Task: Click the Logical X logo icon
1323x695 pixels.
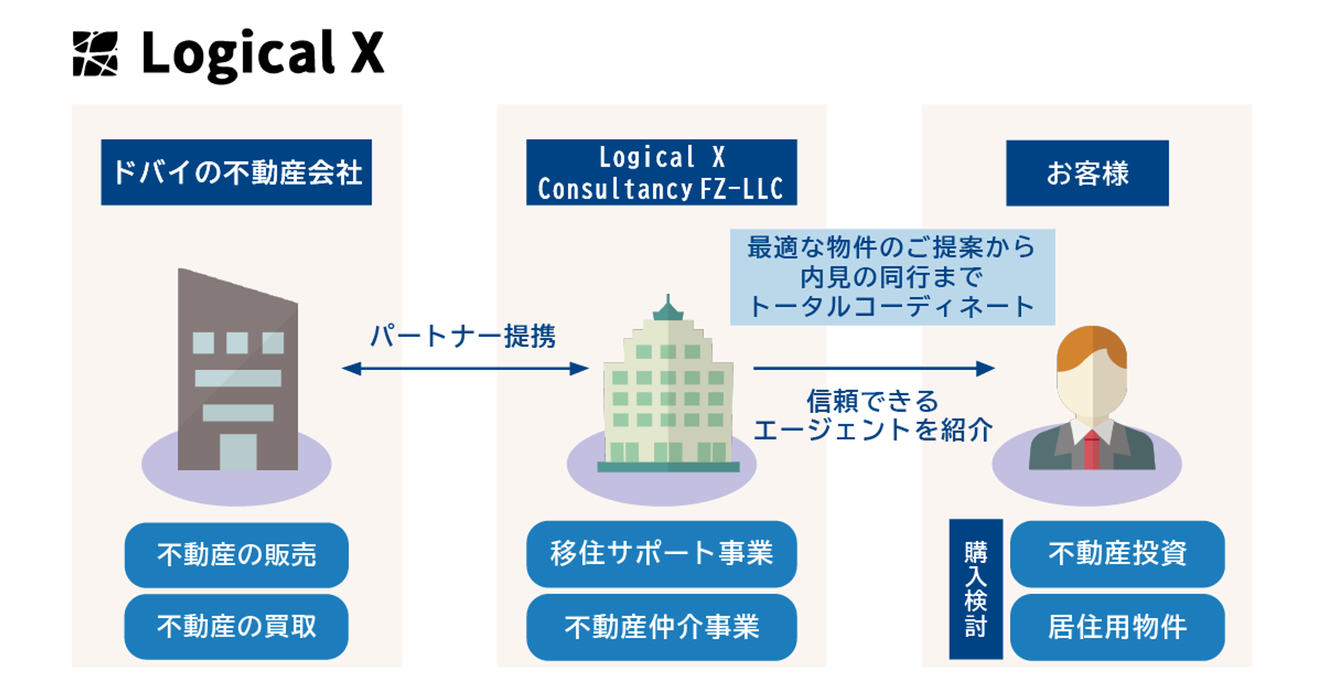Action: (95, 54)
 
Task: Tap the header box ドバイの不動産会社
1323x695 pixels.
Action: (236, 172)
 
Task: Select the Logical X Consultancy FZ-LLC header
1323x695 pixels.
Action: (661, 172)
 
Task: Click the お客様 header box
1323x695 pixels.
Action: (1087, 173)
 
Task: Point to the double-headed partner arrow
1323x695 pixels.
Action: (465, 369)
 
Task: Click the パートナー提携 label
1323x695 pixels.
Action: (462, 336)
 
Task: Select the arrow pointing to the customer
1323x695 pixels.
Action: (873, 368)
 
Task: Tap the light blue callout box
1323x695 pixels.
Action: (892, 277)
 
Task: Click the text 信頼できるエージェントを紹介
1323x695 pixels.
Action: (873, 416)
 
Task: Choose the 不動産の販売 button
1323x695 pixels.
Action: (236, 555)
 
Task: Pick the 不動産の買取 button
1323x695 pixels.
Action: (236, 626)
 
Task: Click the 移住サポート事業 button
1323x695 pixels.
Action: (661, 553)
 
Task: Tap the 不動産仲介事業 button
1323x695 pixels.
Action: (661, 626)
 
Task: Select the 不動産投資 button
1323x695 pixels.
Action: (1117, 553)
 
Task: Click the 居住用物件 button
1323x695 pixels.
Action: (1117, 626)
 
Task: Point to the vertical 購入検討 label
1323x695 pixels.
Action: (976, 589)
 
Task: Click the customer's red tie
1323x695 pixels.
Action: (1091, 450)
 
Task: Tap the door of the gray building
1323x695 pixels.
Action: (237, 451)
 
